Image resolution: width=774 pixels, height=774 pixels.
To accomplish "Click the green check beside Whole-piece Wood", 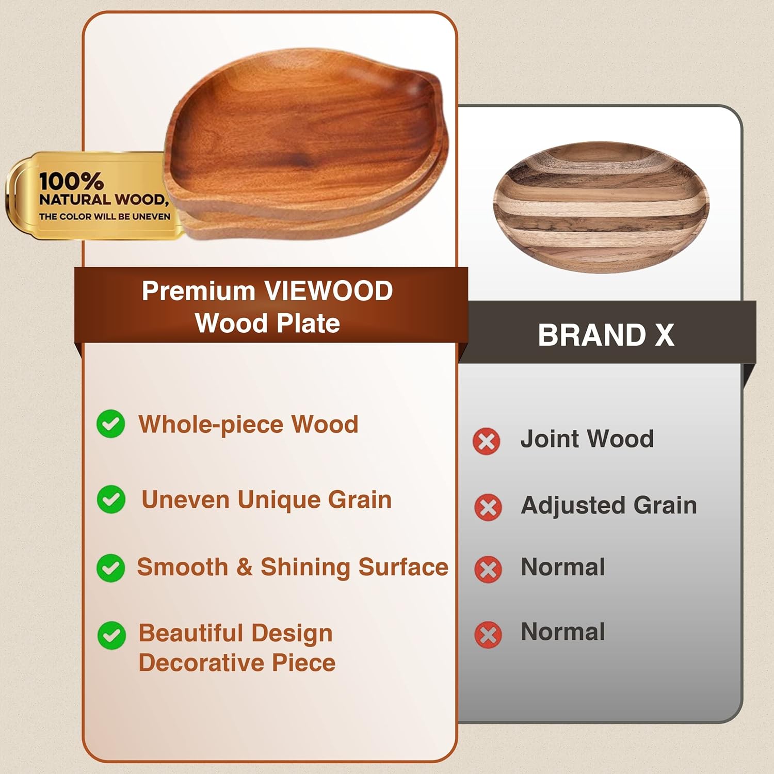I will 111,424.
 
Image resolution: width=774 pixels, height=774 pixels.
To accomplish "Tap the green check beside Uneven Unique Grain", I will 111,499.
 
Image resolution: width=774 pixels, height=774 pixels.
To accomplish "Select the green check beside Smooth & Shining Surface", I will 111,568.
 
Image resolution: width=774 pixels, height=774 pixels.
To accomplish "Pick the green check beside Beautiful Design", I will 111,635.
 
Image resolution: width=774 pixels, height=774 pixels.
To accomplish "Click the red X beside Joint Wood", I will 486,441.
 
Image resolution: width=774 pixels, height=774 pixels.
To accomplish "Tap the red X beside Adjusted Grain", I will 488,507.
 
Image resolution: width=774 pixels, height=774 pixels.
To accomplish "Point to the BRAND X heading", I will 606,335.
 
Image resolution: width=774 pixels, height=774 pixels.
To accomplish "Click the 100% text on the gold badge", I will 71,181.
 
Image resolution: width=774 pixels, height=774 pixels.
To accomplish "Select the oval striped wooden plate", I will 601,206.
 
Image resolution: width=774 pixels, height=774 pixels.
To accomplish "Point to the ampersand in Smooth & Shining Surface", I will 244,567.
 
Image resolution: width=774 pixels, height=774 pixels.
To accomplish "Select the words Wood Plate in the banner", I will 267,324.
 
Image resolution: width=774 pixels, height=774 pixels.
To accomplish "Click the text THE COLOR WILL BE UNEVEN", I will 105,217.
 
